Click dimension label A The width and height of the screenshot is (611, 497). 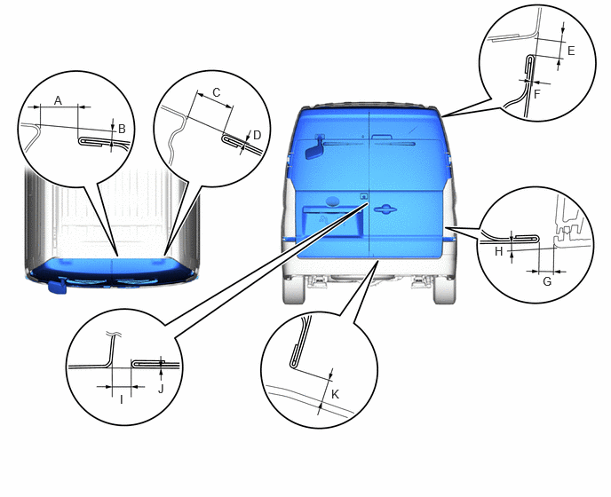pyautogui.click(x=58, y=100)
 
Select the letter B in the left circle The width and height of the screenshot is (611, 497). pyautogui.click(x=122, y=129)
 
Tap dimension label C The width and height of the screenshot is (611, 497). pyautogui.click(x=217, y=92)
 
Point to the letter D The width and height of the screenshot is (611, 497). pyautogui.click(x=257, y=135)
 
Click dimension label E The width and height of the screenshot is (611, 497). pyautogui.click(x=571, y=51)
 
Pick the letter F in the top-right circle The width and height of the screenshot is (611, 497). pyautogui.click(x=536, y=94)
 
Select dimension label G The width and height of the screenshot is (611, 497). pyautogui.click(x=547, y=281)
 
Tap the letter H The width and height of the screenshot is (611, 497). pyautogui.click(x=499, y=252)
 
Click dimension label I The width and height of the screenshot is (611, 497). pyautogui.click(x=121, y=399)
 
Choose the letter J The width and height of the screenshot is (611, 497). pyautogui.click(x=161, y=389)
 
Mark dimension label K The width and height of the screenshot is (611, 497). pyautogui.click(x=335, y=395)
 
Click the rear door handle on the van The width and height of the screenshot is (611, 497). pyautogui.click(x=385, y=209)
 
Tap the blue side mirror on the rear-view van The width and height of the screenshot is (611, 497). pyautogui.click(x=314, y=149)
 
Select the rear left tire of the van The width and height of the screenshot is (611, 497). pyautogui.click(x=294, y=289)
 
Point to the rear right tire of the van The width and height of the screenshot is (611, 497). pyautogui.click(x=444, y=289)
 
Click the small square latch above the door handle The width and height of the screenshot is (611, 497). pyautogui.click(x=364, y=196)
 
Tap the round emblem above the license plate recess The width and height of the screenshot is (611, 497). pyautogui.click(x=332, y=201)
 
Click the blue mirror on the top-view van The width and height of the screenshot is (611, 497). pyautogui.click(x=57, y=287)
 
